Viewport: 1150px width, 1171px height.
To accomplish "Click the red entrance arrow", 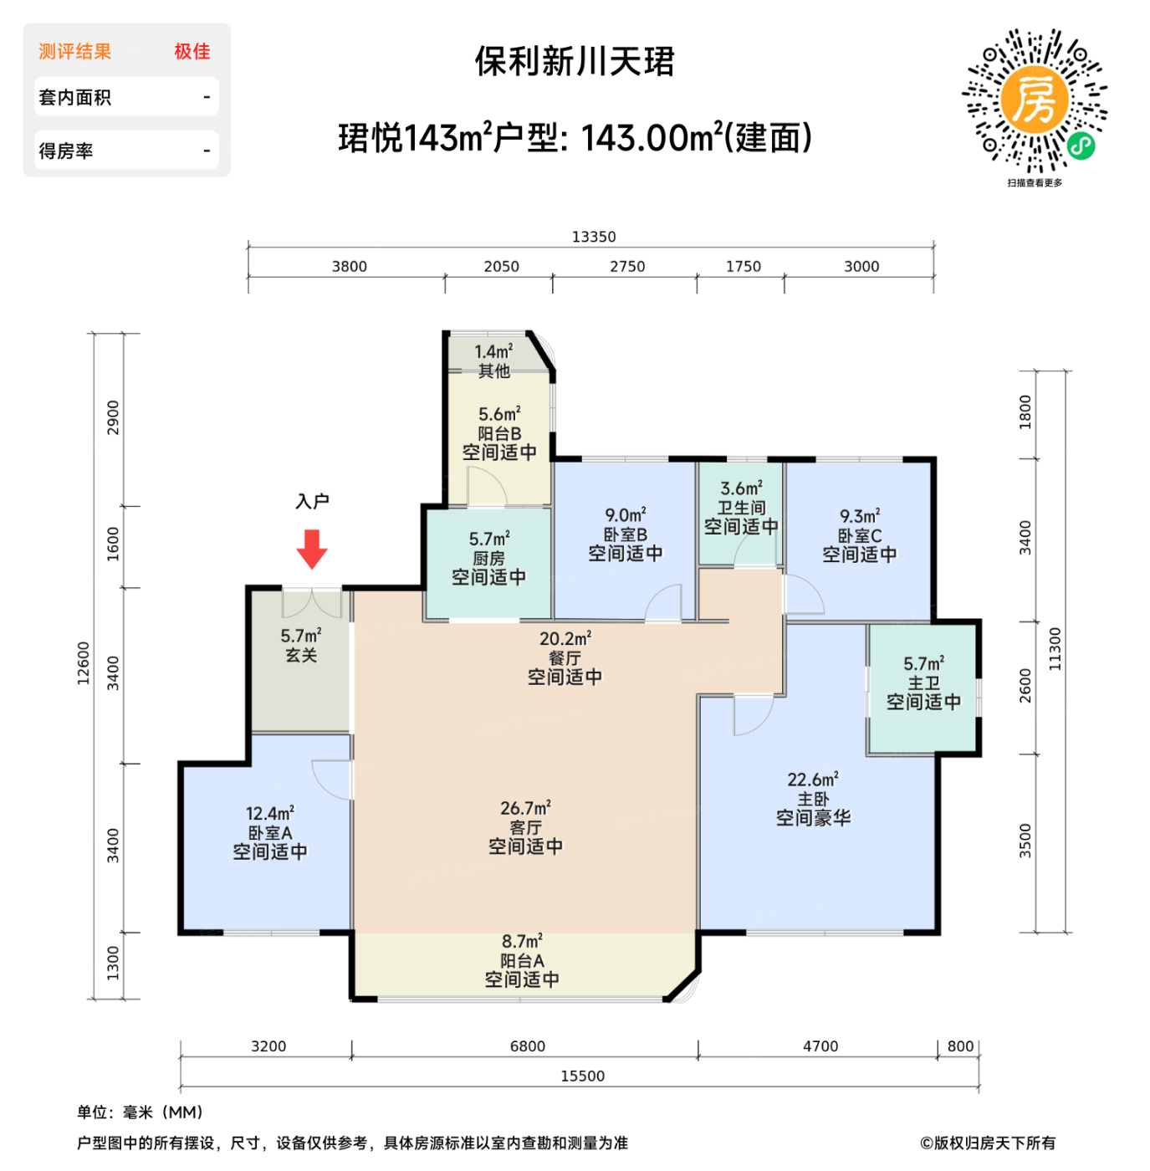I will pos(312,549).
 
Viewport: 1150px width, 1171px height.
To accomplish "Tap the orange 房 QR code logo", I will pos(1035,100).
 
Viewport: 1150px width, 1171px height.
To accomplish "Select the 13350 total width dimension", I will pos(593,237).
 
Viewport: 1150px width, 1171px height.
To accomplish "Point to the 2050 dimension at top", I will pos(501,266).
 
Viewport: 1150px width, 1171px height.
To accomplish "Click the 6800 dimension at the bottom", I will pos(527,1046).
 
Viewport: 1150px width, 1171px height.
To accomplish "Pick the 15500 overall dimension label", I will pos(582,1076).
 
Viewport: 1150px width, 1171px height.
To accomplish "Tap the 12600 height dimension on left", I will pos(84,662).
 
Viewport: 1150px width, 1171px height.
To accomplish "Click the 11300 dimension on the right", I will pos(1055,649).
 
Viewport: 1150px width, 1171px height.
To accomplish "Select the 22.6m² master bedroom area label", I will pos(812,780).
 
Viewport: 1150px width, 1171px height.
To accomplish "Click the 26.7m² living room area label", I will pos(525,808).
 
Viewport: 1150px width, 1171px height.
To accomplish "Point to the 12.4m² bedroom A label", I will pos(269,813).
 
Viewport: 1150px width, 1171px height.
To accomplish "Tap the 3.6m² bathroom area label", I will pos(741,488).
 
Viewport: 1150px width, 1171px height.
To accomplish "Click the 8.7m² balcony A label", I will pos(522,942).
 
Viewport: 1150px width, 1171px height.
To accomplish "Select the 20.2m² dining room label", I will pos(565,639).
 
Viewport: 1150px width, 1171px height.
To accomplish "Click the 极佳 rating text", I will pos(192,51).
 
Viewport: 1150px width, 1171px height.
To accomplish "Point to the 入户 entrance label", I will pos(312,501).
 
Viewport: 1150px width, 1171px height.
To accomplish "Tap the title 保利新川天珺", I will pos(575,61).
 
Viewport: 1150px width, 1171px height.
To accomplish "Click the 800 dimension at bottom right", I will pos(960,1046).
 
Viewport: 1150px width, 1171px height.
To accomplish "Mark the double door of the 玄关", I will pos(312,602).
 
